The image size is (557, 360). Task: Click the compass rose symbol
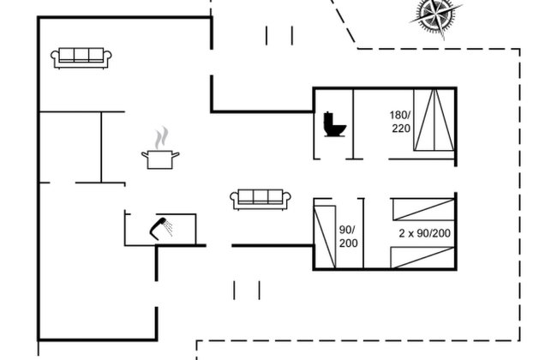pyautogui.click(x=436, y=16)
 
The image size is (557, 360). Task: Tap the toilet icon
pyautogui.click(x=334, y=124)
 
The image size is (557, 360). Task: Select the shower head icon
pyautogui.click(x=161, y=229)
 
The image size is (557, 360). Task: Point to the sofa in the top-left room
pyautogui.click(x=81, y=58)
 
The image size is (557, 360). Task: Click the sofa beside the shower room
pyautogui.click(x=261, y=200)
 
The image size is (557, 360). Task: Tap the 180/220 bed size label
pyautogui.click(x=400, y=122)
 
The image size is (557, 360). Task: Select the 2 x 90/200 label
pyautogui.click(x=424, y=233)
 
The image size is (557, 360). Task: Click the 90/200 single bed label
pyautogui.click(x=348, y=237)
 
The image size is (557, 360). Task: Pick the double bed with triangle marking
pyautogui.click(x=434, y=120)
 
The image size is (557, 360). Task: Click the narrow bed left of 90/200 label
pyautogui.click(x=325, y=237)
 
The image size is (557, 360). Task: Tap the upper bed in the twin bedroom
pyautogui.click(x=423, y=210)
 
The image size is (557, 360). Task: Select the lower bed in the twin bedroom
pyautogui.click(x=422, y=258)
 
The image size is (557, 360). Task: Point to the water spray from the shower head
pyautogui.click(x=168, y=228)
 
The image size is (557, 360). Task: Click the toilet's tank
pyautogui.click(x=327, y=122)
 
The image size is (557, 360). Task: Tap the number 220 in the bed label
pyautogui.click(x=401, y=128)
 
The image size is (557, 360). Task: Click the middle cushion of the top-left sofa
pyautogui.click(x=81, y=55)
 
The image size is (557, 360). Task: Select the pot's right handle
pyautogui.click(x=176, y=154)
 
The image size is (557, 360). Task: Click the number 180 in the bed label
pyautogui.click(x=399, y=115)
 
